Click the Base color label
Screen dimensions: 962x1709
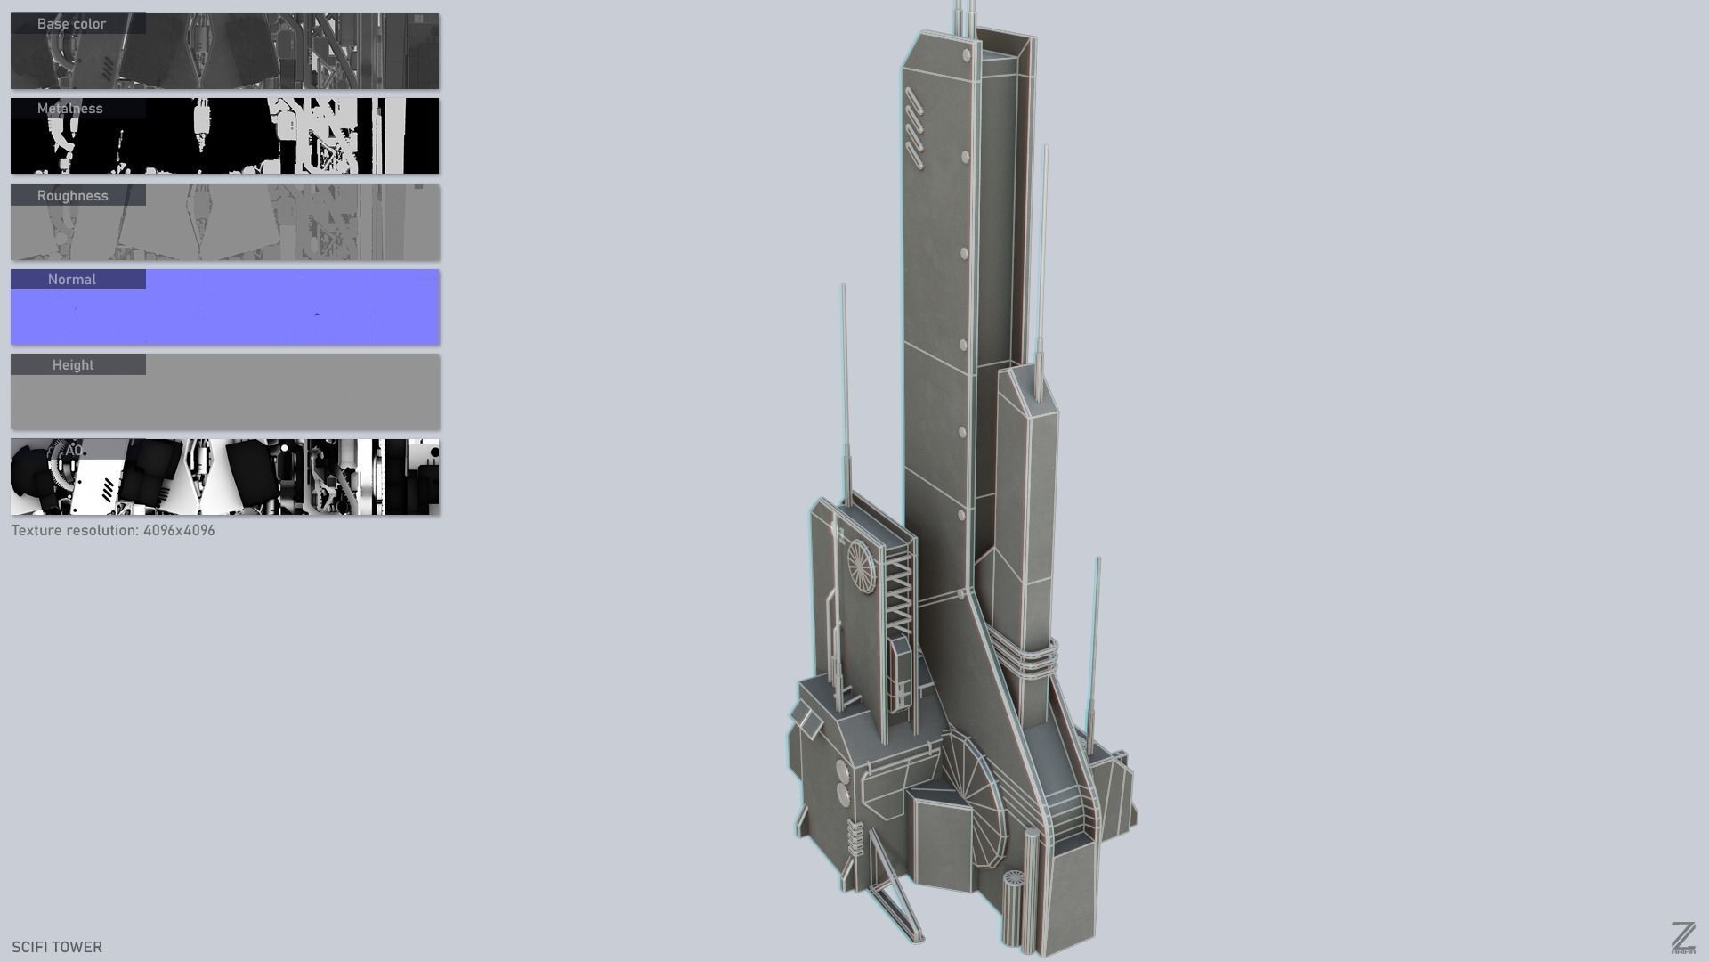pos(72,24)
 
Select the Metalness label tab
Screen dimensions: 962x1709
pos(70,109)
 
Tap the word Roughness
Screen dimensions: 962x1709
pos(73,196)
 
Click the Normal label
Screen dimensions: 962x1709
pos(72,280)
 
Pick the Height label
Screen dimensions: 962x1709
pos(73,365)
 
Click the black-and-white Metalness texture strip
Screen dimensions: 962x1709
pos(267,138)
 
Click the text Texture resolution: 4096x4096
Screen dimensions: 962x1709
pos(113,531)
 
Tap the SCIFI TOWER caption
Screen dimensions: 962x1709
pos(57,947)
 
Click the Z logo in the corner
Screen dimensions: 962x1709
pos(1682,937)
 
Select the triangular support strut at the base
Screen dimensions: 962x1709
pos(890,891)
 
